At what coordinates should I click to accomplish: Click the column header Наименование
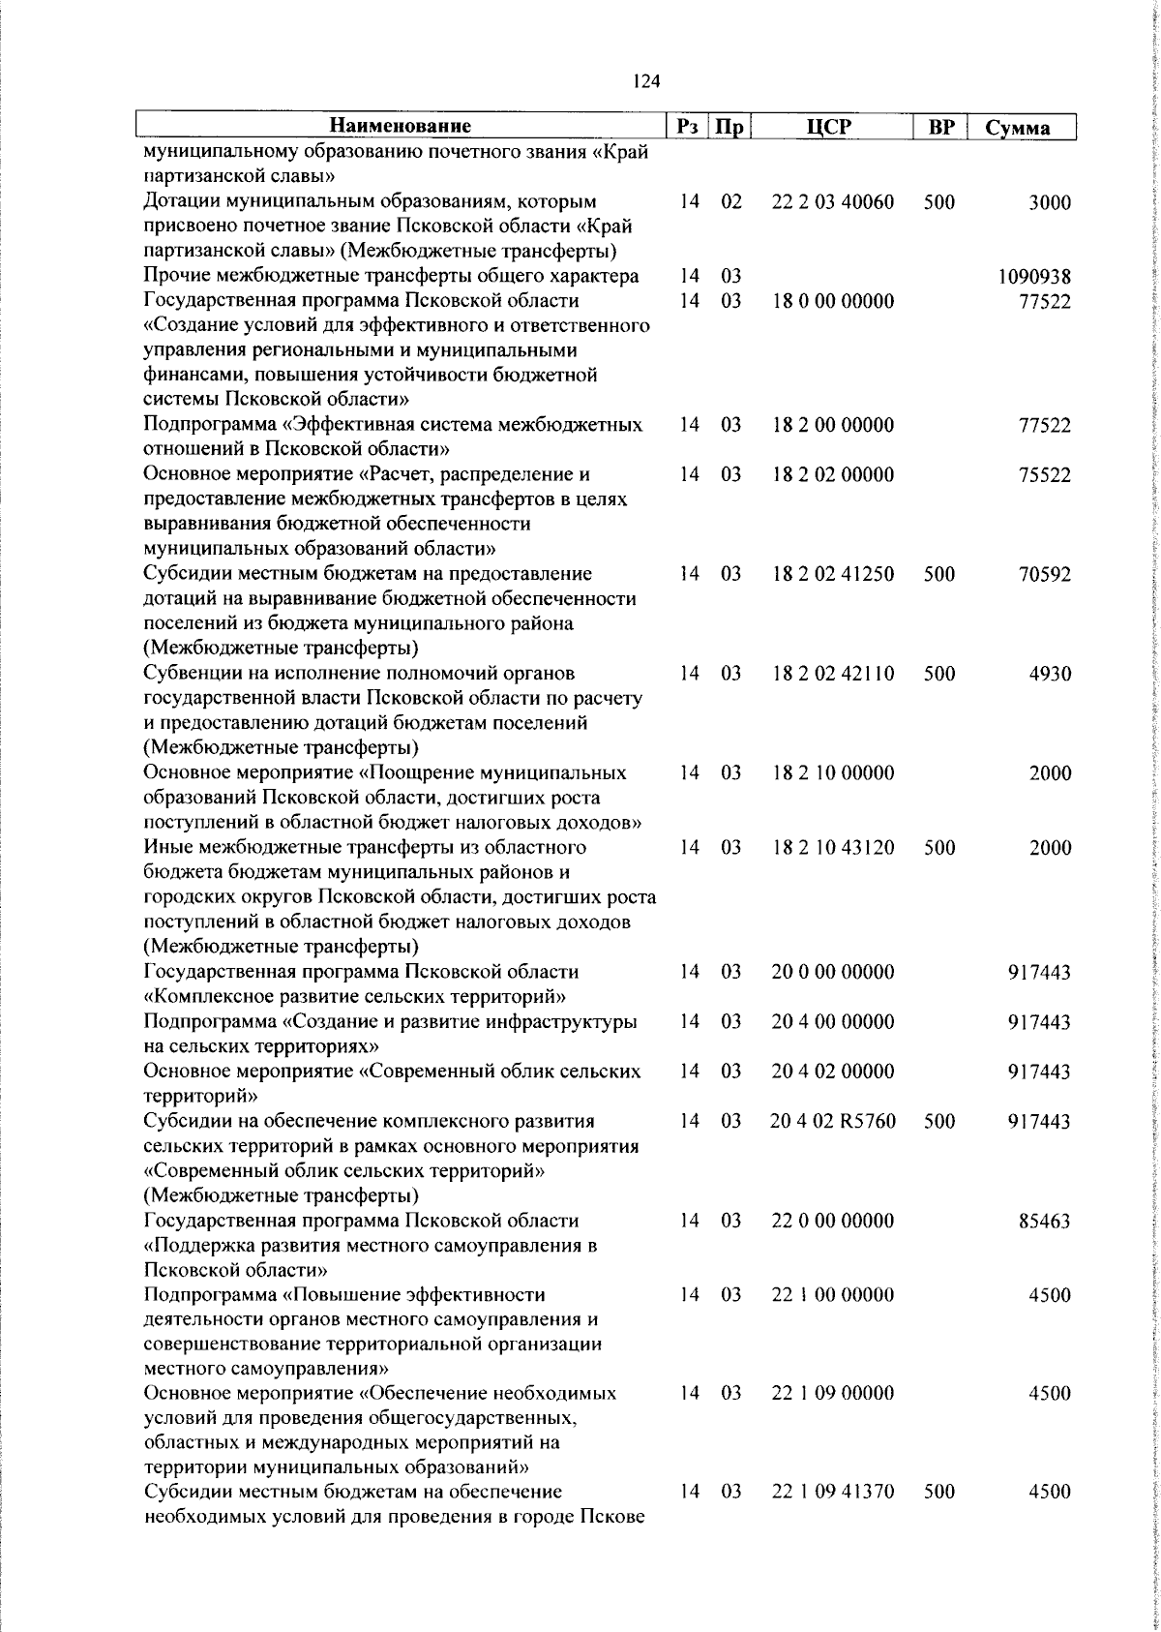point(401,126)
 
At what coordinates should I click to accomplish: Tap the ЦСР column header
point(833,126)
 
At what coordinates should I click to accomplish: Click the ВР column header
point(939,127)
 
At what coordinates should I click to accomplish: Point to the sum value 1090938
point(1034,277)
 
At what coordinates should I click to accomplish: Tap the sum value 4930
point(1050,674)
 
